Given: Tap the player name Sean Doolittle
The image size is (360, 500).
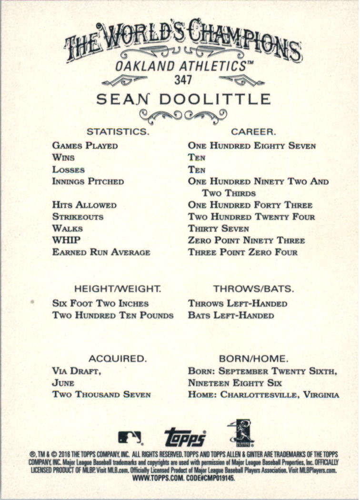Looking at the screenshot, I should (183, 100).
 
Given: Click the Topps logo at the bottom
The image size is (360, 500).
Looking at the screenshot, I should (185, 437).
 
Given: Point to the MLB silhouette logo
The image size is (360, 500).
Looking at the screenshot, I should (130, 437).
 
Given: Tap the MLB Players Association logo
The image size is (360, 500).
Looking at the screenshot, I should (240, 433).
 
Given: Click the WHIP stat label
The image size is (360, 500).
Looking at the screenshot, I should (67, 240).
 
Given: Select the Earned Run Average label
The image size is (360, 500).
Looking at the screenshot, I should (101, 252).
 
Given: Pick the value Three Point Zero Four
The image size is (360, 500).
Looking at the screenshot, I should (243, 252).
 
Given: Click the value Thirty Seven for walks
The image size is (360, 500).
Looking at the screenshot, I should (219, 229).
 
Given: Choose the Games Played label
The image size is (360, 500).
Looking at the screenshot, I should (85, 146).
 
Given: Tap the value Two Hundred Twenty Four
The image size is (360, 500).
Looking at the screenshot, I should (251, 217).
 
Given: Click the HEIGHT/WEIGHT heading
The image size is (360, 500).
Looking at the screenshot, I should (118, 289).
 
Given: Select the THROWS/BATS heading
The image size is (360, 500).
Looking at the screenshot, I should (253, 289).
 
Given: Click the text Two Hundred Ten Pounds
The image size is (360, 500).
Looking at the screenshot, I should (113, 315).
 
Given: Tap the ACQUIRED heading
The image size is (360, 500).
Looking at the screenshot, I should (117, 358).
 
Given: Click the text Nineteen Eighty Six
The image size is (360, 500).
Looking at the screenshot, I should (235, 382).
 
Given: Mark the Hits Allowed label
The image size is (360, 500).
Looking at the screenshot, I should (84, 205).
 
